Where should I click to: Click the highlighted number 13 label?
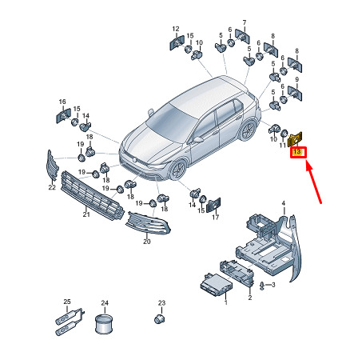[x=296, y=152]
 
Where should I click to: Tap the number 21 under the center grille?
[x=86, y=214]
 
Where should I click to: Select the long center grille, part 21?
[x=92, y=195]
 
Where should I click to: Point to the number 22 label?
[x=52, y=187]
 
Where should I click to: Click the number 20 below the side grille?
[x=147, y=242]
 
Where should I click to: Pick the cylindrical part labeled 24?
[x=104, y=324]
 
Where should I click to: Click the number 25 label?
[x=67, y=302]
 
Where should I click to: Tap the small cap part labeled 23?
[x=159, y=319]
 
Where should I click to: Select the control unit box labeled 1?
[x=217, y=286]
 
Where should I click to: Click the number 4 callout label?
[x=284, y=203]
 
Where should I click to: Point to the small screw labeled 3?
[x=262, y=286]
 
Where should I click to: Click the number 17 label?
[x=215, y=217]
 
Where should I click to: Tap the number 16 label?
[x=62, y=102]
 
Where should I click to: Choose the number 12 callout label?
[x=176, y=29]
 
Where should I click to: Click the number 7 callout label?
[x=245, y=22]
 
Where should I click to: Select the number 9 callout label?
[x=297, y=79]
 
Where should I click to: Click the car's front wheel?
[x=178, y=170]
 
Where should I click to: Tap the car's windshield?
[x=173, y=122]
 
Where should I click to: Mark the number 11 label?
[x=282, y=145]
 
